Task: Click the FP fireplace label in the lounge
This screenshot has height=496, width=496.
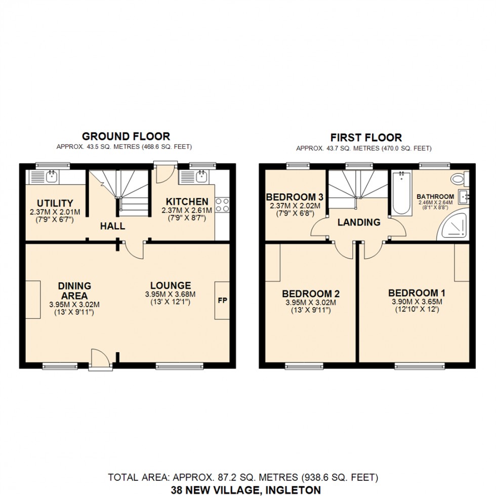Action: (222, 300)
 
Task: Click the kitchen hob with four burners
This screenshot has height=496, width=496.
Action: (222, 204)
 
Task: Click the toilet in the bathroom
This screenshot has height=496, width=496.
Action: (460, 178)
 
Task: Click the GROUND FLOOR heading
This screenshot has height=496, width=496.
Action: (126, 136)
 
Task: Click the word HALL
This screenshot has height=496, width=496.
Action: (112, 226)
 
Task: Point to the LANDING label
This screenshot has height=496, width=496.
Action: (359, 222)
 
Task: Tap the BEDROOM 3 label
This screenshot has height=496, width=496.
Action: (295, 197)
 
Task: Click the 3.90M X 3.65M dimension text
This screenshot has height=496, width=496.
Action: (417, 302)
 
